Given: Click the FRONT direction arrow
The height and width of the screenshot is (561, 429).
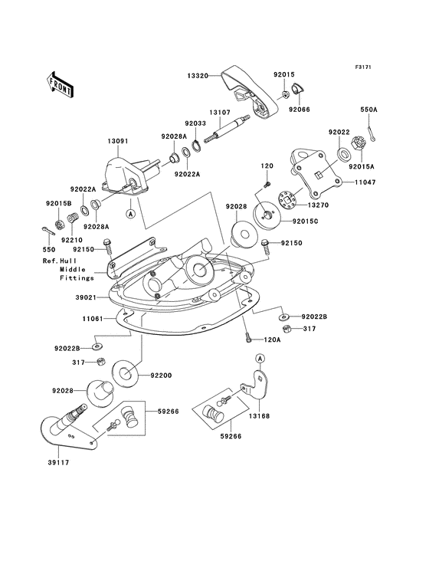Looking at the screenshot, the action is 61,85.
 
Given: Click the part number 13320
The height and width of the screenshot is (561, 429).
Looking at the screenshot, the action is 198,76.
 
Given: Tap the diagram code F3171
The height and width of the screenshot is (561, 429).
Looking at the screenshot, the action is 363,67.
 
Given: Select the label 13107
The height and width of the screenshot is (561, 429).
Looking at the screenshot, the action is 220,112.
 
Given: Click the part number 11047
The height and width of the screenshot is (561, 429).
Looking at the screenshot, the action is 365,182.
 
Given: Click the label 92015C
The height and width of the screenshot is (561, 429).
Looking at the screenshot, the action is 305,221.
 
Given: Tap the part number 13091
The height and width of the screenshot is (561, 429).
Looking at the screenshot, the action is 118,141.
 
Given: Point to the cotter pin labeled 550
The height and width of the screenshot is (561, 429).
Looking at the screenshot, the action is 48,231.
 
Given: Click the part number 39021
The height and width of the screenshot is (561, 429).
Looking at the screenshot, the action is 86,297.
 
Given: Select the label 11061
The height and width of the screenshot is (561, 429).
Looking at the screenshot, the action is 93,318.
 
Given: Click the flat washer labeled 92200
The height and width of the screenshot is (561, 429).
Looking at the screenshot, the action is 125,374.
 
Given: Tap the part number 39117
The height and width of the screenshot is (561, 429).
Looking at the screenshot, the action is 58,462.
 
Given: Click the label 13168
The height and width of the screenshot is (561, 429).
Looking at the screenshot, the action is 259,416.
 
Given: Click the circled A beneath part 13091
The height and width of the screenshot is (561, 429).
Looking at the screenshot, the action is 131,214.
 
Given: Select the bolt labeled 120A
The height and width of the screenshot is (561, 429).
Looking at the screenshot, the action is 248,338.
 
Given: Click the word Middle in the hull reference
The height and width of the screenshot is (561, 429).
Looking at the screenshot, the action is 73,270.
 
